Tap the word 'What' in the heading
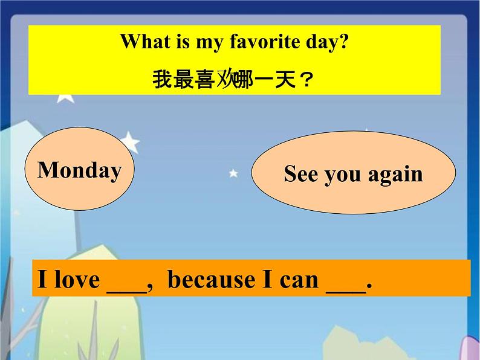click(x=145, y=41)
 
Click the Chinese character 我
click(x=162, y=79)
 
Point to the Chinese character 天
click(x=285, y=79)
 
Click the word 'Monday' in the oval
click(x=80, y=171)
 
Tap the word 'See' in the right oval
click(x=301, y=174)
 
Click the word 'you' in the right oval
click(x=343, y=176)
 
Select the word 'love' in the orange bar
click(x=77, y=280)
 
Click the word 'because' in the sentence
click(x=211, y=280)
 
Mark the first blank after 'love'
click(x=127, y=293)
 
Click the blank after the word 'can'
click(x=346, y=293)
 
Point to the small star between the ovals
click(x=233, y=173)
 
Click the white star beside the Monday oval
click(x=130, y=141)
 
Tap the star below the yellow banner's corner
click(x=66, y=98)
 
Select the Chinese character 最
click(x=183, y=79)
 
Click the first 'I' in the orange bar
click(x=42, y=279)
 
